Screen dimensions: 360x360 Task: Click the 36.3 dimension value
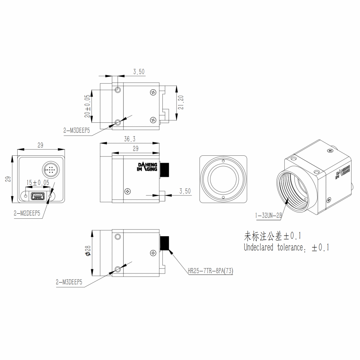pos(130,139)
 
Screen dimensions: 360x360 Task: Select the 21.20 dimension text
pos(181,102)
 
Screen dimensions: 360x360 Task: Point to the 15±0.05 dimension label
pos(38,182)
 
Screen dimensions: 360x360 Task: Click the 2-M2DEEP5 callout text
pos(27,213)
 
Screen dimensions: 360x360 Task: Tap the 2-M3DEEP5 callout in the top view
pos(77,130)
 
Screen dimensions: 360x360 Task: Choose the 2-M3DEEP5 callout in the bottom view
pos(69,282)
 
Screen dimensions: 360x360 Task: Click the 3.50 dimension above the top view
pos(139,72)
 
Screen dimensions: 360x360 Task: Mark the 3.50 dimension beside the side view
pos(185,191)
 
